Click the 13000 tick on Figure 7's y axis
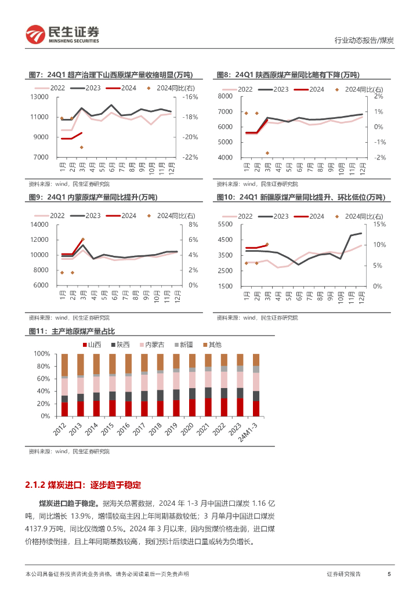40,97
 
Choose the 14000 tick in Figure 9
40,224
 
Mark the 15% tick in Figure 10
379,224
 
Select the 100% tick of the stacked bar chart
41,354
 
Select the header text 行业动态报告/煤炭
364,41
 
